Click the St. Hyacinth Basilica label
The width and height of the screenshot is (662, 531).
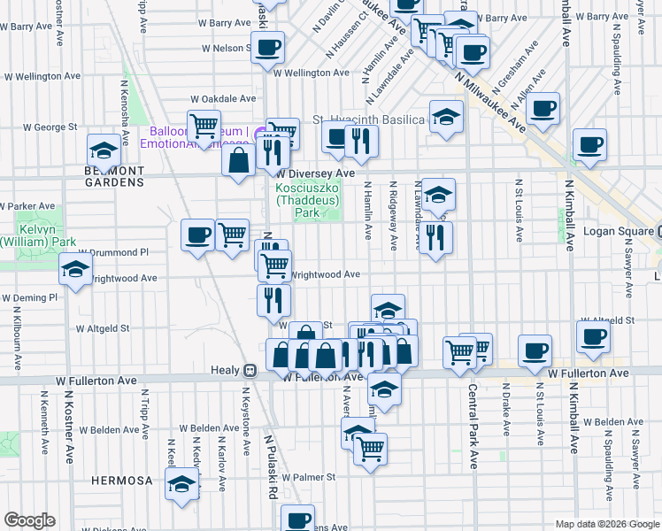(x=368, y=119)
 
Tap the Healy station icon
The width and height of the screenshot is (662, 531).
(x=250, y=372)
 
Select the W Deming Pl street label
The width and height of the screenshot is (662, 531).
(x=28, y=298)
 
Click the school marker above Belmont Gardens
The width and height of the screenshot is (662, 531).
(x=104, y=150)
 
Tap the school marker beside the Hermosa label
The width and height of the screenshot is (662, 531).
(x=182, y=484)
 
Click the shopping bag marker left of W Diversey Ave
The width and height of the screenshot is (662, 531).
(x=238, y=160)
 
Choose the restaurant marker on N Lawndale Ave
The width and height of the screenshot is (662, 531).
(x=435, y=237)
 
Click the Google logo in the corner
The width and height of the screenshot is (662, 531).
(x=30, y=520)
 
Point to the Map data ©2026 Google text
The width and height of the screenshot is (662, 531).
(x=606, y=524)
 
